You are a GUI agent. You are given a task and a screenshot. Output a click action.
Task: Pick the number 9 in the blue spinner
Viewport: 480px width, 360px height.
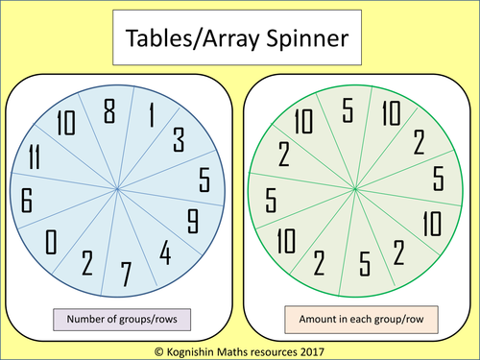tap(192, 221)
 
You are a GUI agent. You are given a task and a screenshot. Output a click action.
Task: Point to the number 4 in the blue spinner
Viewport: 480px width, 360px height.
tap(165, 254)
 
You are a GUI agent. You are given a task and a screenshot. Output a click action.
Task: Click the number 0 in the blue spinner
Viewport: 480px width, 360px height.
tap(52, 239)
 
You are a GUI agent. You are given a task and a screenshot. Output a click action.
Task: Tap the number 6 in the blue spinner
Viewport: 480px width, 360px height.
tap(28, 201)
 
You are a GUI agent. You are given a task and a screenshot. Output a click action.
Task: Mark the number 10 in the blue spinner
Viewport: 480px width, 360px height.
tap(65, 124)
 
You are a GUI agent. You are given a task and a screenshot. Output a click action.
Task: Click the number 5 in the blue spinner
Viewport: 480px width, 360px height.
tap(204, 180)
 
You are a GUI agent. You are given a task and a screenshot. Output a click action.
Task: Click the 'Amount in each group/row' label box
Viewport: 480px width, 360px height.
tap(355, 316)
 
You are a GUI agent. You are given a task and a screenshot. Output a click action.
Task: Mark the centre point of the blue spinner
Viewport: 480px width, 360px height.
tap(117, 190)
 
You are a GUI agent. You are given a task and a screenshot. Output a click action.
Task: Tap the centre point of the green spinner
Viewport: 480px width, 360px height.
tap(355, 190)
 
